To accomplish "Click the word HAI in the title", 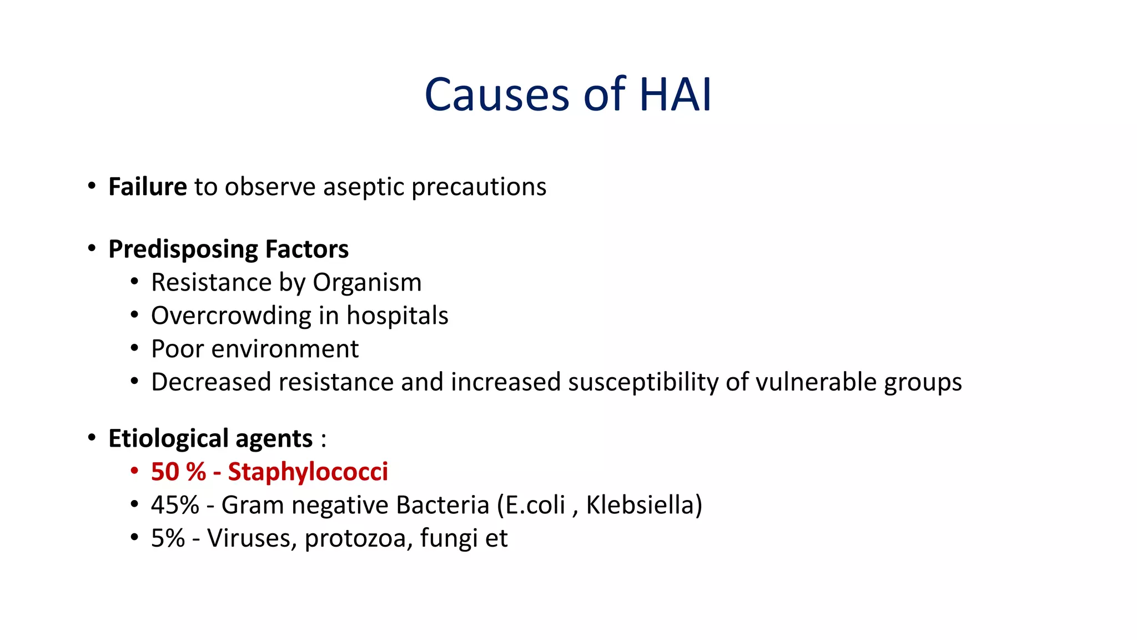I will point(675,94).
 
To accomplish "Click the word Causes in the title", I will point(497,94).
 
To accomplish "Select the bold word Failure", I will point(147,187).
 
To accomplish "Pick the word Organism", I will point(366,283).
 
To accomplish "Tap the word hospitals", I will point(397,316).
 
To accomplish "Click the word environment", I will point(285,349).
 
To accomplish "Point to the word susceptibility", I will point(643,383).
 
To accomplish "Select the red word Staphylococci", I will point(308,472).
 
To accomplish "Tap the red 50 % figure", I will point(178,472).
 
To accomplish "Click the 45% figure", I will point(174,505).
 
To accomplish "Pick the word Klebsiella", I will point(640,505).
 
